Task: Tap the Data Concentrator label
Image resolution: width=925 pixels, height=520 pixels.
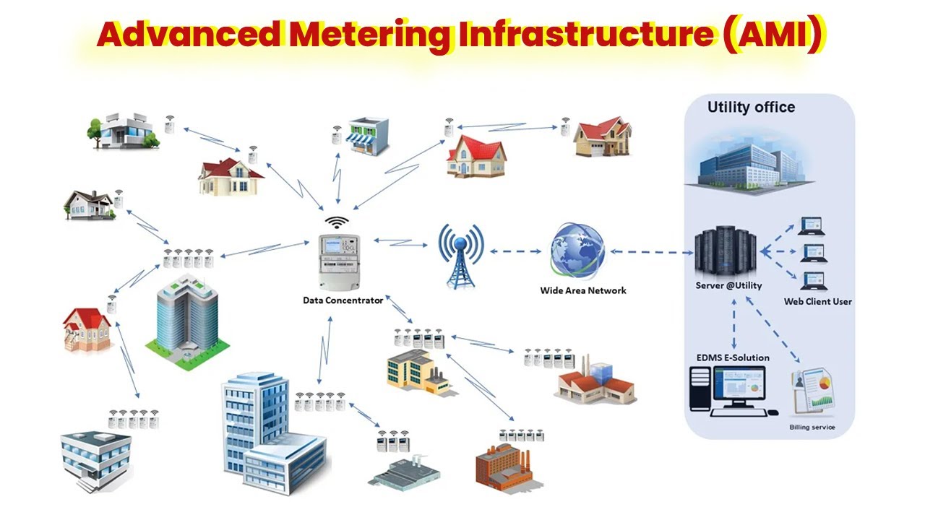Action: [343, 300]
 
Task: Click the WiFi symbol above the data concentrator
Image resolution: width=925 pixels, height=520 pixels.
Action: [336, 222]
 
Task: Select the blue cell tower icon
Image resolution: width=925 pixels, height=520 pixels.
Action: [460, 254]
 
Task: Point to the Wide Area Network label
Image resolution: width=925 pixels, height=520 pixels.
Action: [583, 290]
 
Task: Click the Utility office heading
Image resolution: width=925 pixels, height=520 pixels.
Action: [751, 108]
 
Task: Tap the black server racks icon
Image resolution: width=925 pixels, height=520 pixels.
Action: [726, 253]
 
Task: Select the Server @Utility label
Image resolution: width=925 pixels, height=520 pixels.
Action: [728, 285]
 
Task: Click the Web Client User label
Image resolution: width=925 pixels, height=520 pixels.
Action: [818, 301]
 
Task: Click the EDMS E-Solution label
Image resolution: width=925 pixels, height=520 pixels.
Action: [733, 357]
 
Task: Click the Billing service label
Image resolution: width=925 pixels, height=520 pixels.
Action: [812, 428]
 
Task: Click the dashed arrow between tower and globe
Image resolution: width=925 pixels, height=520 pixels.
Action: [516, 252]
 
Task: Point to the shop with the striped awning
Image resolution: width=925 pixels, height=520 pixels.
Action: [368, 136]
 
